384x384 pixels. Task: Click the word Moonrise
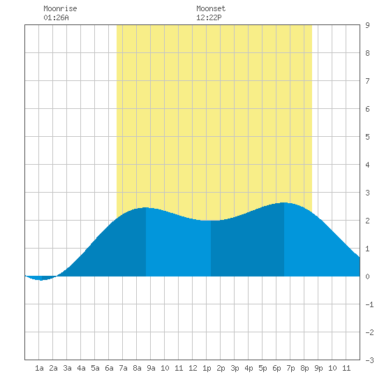point(60,8)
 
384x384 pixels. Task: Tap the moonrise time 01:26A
point(56,17)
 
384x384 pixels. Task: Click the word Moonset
point(211,8)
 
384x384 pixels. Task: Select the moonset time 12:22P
point(209,17)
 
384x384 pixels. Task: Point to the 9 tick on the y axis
point(367,25)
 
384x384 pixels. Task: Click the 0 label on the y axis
point(367,276)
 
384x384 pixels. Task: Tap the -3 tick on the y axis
point(369,360)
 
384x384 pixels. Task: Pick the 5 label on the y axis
point(367,137)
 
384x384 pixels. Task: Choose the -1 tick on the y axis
point(369,304)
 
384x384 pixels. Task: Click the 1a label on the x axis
point(39,368)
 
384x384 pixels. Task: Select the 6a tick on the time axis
point(109,368)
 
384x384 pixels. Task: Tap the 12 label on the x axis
point(193,368)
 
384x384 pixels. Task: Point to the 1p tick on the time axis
point(207,368)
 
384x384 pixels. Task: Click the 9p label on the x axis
point(318,368)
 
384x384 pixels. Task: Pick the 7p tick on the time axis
point(290,368)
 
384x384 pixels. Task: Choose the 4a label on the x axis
point(81,368)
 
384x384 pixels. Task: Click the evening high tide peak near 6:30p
point(284,203)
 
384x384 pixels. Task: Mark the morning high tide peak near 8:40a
point(146,208)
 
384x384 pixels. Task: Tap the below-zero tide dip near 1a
point(41,279)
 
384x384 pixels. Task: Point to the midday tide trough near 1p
point(211,221)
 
